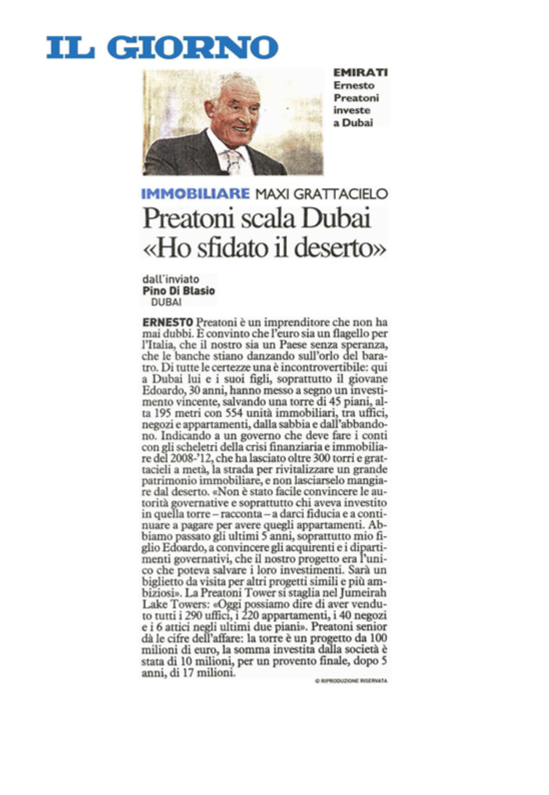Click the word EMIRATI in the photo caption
tap(360, 73)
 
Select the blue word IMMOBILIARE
tap(195, 194)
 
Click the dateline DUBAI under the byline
tap(166, 302)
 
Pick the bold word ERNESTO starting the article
tap(167, 323)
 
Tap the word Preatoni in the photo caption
tap(356, 98)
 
